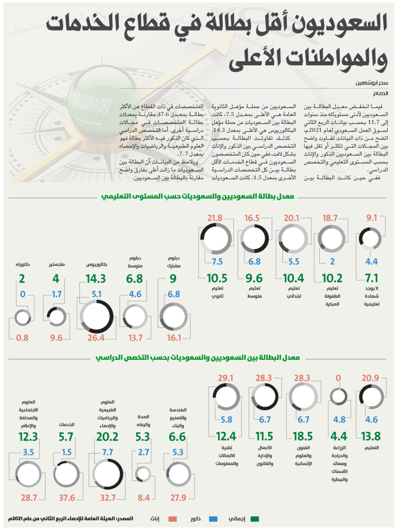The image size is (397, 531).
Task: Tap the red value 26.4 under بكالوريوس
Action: click(x=97, y=339)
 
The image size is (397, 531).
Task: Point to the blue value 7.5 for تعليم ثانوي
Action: click(x=217, y=261)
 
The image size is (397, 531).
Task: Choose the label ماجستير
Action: click(x=57, y=265)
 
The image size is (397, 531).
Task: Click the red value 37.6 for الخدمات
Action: click(x=67, y=498)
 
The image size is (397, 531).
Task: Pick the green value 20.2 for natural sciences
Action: click(x=108, y=437)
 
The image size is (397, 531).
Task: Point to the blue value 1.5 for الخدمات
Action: click(x=67, y=452)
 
